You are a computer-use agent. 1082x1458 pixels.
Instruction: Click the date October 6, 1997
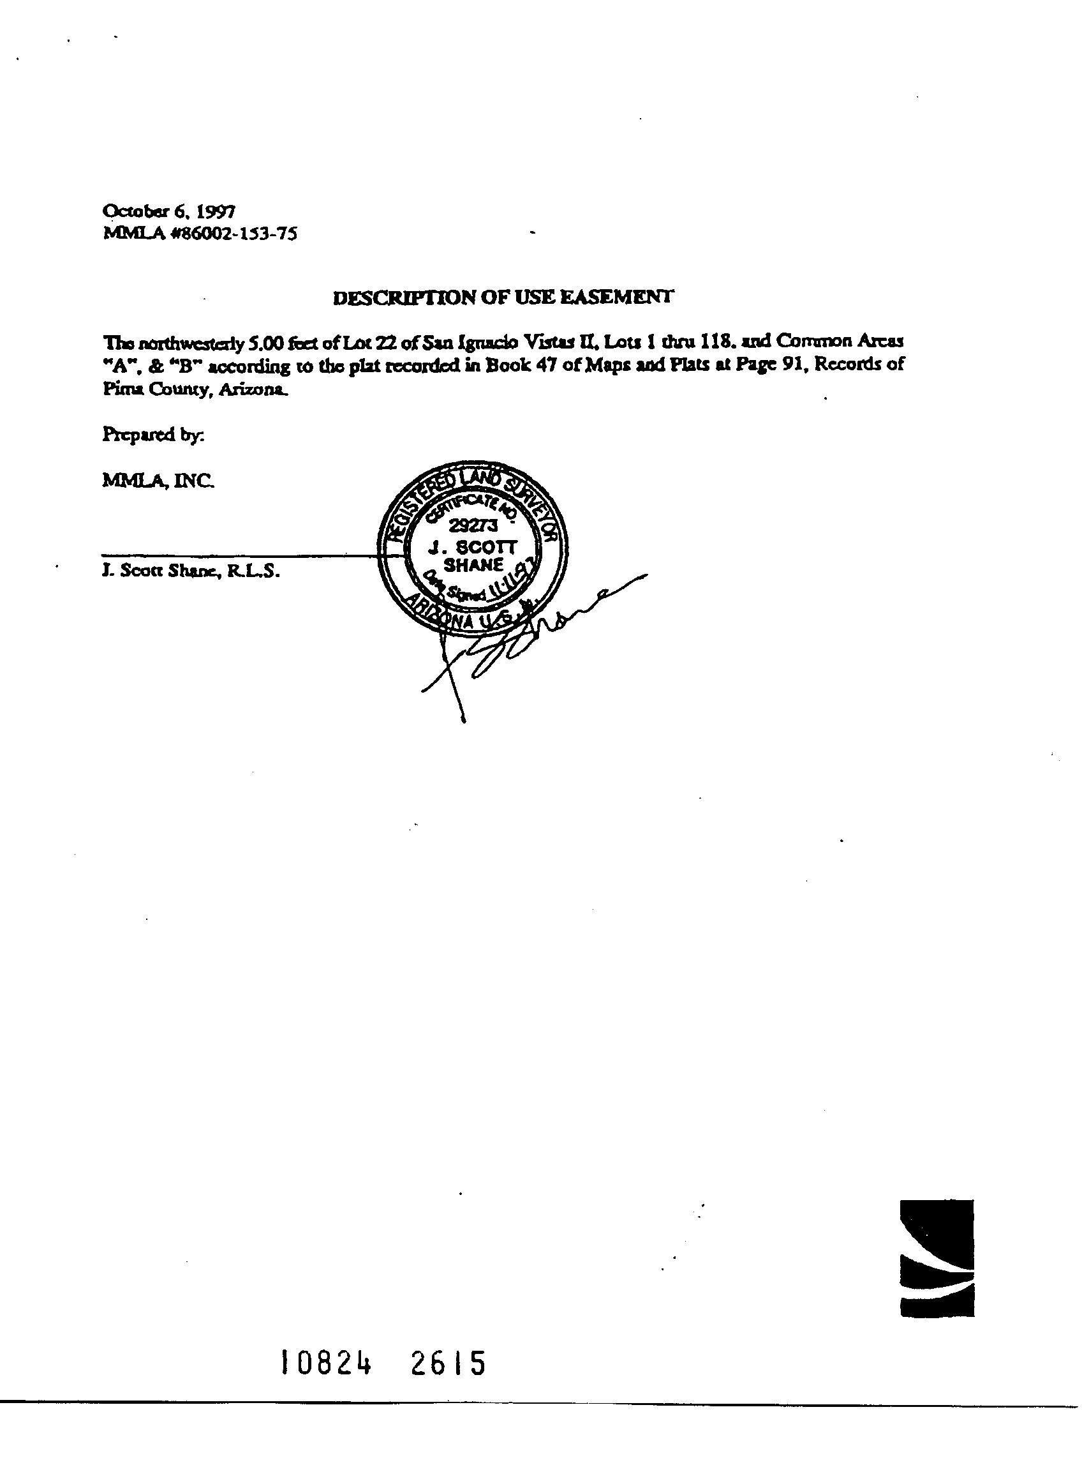pos(169,211)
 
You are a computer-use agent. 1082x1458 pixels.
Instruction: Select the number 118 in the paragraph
pos(714,342)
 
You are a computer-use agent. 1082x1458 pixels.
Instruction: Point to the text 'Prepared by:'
pos(153,435)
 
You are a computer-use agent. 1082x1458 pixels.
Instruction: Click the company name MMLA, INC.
pos(157,481)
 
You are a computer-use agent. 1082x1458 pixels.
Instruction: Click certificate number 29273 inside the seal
pos(473,525)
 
